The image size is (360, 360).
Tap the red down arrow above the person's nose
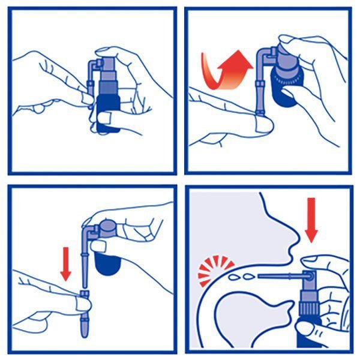tap(312, 223)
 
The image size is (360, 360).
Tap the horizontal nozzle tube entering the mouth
tap(279, 275)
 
